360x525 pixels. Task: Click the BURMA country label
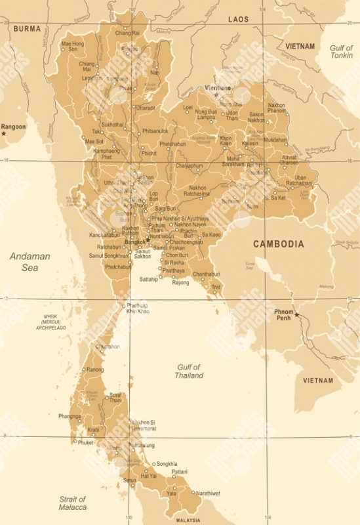pyautogui.click(x=27, y=29)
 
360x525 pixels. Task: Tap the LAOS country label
pyautogui.click(x=238, y=20)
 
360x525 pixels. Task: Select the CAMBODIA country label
pyautogui.click(x=279, y=244)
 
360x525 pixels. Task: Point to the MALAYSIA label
pyautogui.click(x=188, y=520)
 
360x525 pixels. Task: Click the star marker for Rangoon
pyautogui.click(x=4, y=134)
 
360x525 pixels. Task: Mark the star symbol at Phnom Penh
pyautogui.click(x=296, y=315)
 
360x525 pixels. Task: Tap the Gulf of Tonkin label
pyautogui.click(x=341, y=52)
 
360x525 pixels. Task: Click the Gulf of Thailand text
pyautogui.click(x=188, y=371)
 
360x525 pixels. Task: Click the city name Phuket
pyautogui.click(x=86, y=442)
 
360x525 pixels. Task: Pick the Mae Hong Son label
pyautogui.click(x=73, y=47)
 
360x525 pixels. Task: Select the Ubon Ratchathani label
pyautogui.click(x=303, y=181)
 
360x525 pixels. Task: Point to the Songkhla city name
pyautogui.click(x=167, y=464)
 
